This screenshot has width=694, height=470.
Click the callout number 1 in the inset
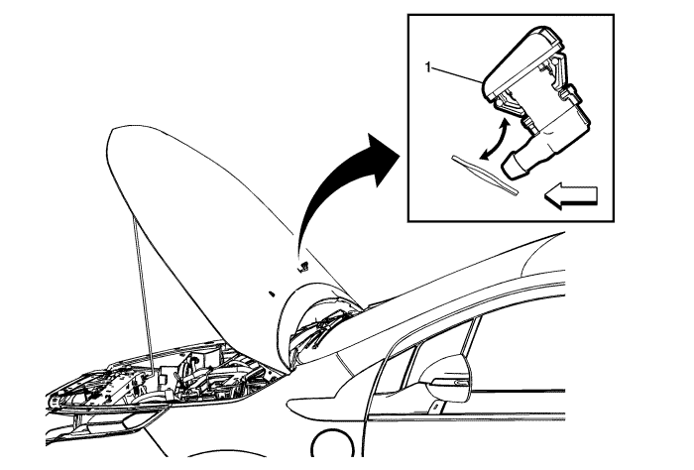(427, 67)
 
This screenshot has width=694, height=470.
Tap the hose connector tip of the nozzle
(513, 166)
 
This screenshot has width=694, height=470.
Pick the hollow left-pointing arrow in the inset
(570, 195)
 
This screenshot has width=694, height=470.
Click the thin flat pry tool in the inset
(484, 175)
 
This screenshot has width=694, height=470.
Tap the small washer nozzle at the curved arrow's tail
(303, 267)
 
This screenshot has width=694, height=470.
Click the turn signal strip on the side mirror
(449, 382)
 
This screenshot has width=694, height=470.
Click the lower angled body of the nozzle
(558, 133)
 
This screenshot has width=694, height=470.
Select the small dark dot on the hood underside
(272, 293)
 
